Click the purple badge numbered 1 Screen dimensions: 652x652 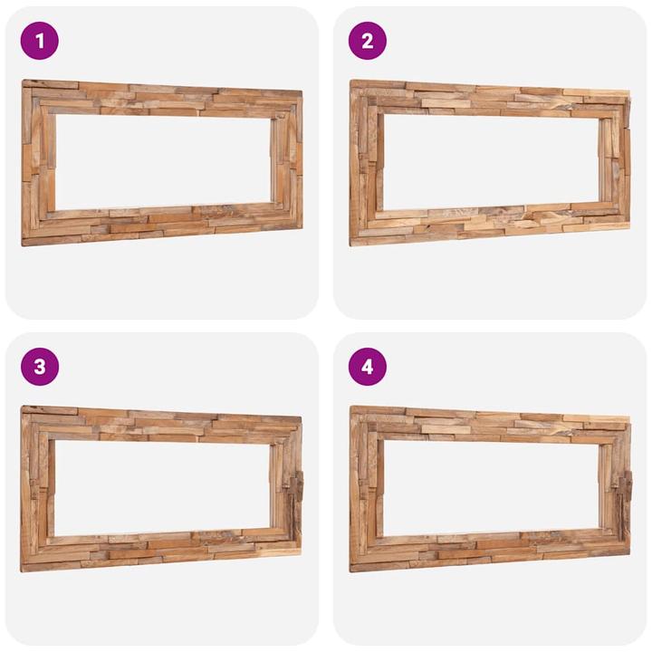[39, 41]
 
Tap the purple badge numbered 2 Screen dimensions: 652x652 [367, 41]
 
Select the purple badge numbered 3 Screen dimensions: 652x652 [39, 367]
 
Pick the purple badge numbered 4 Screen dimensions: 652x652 [367, 367]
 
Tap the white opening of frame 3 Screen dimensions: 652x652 [161, 487]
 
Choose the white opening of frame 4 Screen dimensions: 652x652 [489, 487]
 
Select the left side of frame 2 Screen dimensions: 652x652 [364, 163]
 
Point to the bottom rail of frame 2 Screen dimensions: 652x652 [490, 224]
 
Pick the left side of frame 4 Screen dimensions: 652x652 [365, 489]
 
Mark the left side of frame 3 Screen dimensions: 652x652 [37, 489]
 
